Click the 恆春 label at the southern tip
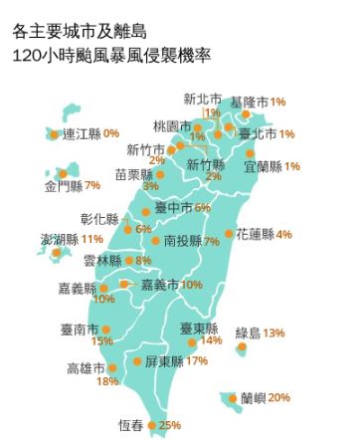[130, 425]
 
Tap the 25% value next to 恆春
[170, 425]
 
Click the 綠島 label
[249, 333]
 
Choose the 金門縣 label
[64, 185]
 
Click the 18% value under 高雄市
[107, 381]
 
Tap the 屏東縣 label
[163, 360]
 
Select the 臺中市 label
[174, 208]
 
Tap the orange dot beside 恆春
[151, 426]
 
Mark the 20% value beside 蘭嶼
[279, 398]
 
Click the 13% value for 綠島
[274, 333]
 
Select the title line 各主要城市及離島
[79, 32]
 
